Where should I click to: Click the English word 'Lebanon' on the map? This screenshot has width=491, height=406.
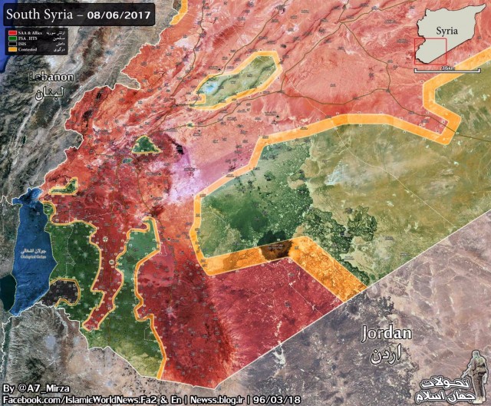click(x=51, y=78)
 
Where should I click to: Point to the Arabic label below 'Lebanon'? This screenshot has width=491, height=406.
click(x=51, y=92)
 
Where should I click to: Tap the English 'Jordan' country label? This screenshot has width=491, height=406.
click(x=387, y=334)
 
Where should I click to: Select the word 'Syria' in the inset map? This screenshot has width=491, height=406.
click(x=447, y=31)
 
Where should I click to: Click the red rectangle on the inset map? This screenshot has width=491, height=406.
click(x=430, y=51)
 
